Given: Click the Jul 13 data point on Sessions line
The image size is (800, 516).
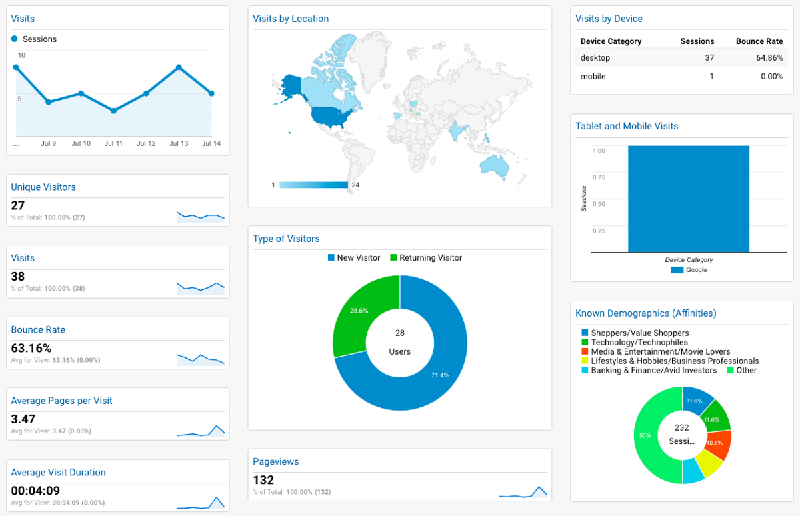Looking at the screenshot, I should click(179, 67).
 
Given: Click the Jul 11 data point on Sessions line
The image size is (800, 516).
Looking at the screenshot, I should click(114, 111).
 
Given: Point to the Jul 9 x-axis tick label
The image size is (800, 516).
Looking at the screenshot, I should click(49, 143).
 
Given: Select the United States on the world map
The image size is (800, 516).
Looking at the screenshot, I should click(327, 117).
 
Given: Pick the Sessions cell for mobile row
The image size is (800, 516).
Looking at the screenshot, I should click(711, 77).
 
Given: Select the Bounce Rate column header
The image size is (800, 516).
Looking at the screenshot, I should click(759, 41).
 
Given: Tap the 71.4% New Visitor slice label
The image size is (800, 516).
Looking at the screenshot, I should click(440, 375).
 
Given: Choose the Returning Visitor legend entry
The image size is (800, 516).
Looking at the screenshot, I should click(426, 258).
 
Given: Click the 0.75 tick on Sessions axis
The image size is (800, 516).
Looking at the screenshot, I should click(599, 177).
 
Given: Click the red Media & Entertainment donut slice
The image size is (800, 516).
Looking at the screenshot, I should click(719, 443).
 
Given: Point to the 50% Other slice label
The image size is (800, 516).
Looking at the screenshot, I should click(645, 435).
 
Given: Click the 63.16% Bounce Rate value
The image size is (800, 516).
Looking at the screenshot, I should click(31, 348).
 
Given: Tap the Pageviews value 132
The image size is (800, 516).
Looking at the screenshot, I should click(263, 480).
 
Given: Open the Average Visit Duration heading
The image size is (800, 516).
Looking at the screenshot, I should click(58, 472).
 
